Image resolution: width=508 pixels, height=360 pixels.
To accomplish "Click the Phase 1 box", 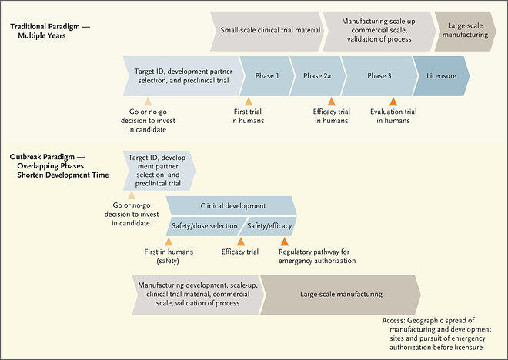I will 266,75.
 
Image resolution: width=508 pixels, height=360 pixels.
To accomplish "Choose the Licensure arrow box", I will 439,75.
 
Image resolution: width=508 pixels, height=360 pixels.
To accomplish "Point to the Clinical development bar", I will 232,206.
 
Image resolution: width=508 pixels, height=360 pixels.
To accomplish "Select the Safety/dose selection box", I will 203,226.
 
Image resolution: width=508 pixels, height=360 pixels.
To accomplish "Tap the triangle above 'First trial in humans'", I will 249,102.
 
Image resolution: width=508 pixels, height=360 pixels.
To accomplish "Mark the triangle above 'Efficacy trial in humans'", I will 332,102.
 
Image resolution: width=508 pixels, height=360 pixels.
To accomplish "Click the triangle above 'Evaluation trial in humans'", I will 393,102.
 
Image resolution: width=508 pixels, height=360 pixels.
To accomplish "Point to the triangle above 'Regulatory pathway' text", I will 285,242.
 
